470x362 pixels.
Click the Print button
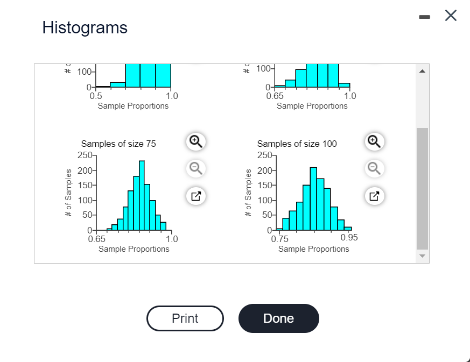(x=185, y=318)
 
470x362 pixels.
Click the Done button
(x=278, y=318)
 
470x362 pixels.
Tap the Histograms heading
(x=85, y=27)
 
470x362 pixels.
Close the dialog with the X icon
(x=451, y=16)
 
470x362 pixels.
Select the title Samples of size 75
(x=118, y=144)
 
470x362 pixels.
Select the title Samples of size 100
(x=297, y=144)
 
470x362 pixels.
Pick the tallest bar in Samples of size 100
(x=313, y=198)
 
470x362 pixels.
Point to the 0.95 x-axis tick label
(x=349, y=238)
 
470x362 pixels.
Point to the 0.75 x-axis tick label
(x=280, y=239)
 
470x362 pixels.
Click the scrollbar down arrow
(x=422, y=256)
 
